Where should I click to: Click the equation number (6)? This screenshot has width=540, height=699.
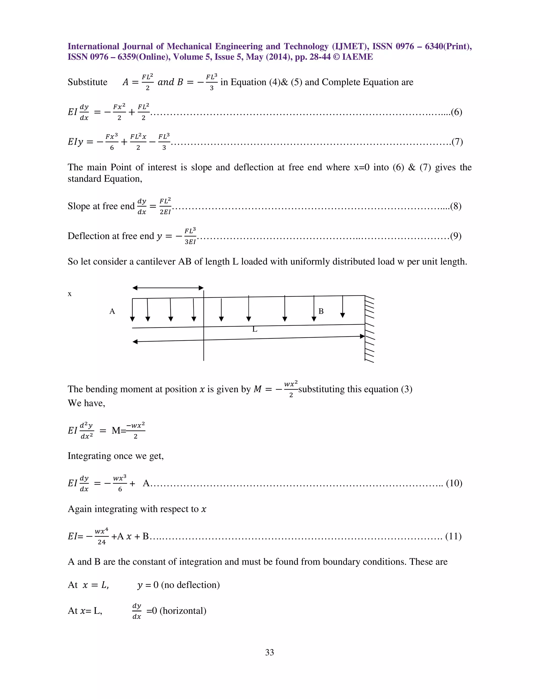[x=456, y=112]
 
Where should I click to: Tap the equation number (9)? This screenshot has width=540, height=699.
[x=456, y=236]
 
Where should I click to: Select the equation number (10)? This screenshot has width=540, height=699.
[x=454, y=483]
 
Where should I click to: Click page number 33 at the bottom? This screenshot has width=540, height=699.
[x=269, y=652]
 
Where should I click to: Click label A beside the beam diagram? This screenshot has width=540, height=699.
[x=112, y=312]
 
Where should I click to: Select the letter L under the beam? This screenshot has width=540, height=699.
[x=255, y=329]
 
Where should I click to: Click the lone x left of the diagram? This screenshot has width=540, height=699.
[x=70, y=294]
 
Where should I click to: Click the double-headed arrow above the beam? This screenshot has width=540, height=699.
[x=168, y=288]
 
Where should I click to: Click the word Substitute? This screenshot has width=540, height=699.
[x=87, y=82]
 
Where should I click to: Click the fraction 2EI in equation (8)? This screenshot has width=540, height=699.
[x=165, y=212]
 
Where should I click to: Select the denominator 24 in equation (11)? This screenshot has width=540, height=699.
[x=102, y=542]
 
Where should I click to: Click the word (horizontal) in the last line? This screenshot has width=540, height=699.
[x=183, y=611]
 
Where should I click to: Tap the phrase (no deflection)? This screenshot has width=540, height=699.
[x=190, y=585]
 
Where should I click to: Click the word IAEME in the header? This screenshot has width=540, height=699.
[x=357, y=57]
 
